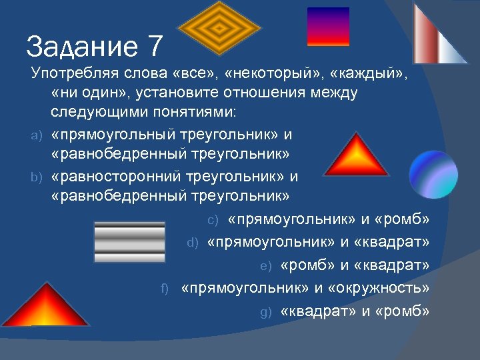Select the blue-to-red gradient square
328,27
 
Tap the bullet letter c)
213,220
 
